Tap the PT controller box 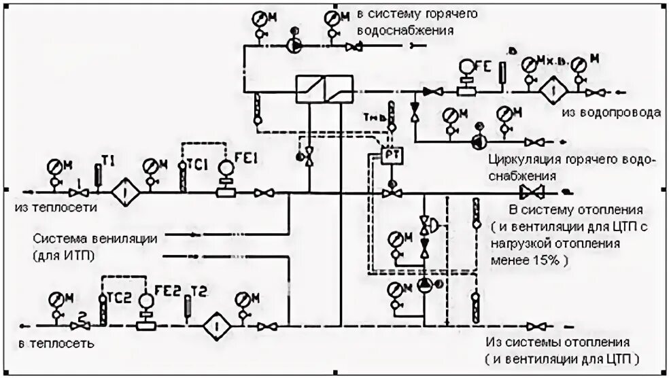(x=391, y=154)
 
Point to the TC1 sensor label (x=197, y=165)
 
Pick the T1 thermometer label (x=109, y=159)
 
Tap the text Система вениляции (x=95, y=239)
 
